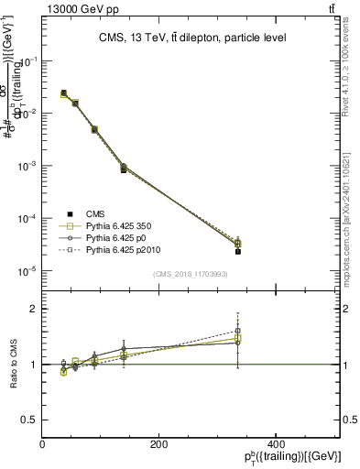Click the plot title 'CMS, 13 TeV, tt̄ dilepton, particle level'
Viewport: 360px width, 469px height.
pyautogui.click(x=193, y=38)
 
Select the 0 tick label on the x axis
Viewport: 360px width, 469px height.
pyautogui.click(x=43, y=443)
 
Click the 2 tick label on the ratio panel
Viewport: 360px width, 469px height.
pyautogui.click(x=35, y=310)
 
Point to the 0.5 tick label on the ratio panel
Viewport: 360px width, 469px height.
pyautogui.click(x=31, y=420)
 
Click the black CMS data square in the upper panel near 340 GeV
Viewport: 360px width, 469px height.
pyautogui.click(x=237, y=250)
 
